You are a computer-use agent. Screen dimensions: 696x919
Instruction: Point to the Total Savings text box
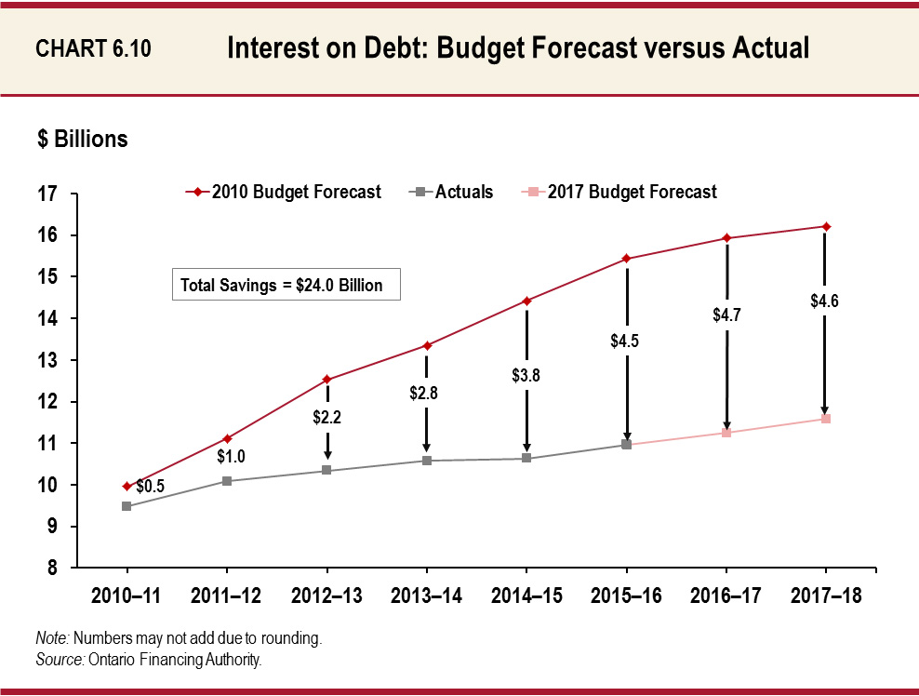pyautogui.click(x=286, y=285)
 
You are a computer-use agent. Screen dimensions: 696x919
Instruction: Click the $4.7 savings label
pyautogui.click(x=726, y=315)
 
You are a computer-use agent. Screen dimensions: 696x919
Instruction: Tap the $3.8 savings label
pyautogui.click(x=526, y=375)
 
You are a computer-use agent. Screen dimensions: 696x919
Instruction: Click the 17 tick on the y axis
pyautogui.click(x=47, y=194)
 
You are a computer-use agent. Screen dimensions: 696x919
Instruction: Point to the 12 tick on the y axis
pyautogui.click(x=47, y=402)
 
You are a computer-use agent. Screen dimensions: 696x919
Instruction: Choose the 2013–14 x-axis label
pyautogui.click(x=426, y=596)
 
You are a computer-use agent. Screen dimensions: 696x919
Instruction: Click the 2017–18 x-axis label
pyautogui.click(x=825, y=596)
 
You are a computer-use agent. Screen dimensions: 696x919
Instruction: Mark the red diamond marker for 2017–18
pyautogui.click(x=826, y=226)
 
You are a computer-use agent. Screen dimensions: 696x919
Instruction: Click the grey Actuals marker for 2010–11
pyautogui.click(x=126, y=506)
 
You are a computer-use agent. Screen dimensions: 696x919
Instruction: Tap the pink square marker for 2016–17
pyautogui.click(x=726, y=433)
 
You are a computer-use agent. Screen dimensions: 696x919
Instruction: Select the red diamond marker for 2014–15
pyautogui.click(x=526, y=301)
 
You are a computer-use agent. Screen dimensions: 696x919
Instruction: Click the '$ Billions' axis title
pyautogui.click(x=82, y=140)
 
